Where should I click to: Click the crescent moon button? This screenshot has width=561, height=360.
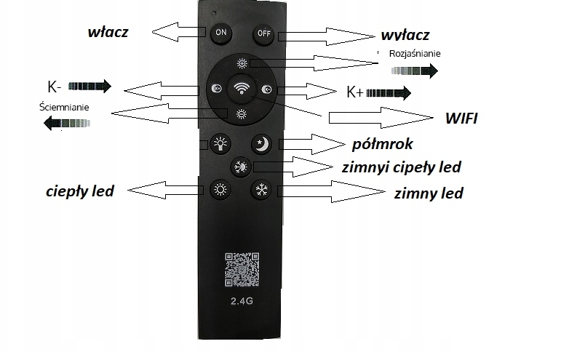(x=261, y=143)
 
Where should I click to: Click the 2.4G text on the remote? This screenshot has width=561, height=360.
(x=240, y=300)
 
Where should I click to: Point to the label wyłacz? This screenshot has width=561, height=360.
(x=405, y=35)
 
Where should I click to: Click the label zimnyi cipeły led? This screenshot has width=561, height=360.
(x=401, y=167)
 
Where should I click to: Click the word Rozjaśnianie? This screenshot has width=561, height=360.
(x=415, y=54)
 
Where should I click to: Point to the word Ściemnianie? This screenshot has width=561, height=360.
(x=65, y=107)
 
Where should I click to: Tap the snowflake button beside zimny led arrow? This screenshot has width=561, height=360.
(x=260, y=191)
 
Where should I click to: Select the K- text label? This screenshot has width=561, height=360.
(x=53, y=87)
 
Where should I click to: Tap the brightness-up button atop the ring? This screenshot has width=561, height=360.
(x=241, y=63)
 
